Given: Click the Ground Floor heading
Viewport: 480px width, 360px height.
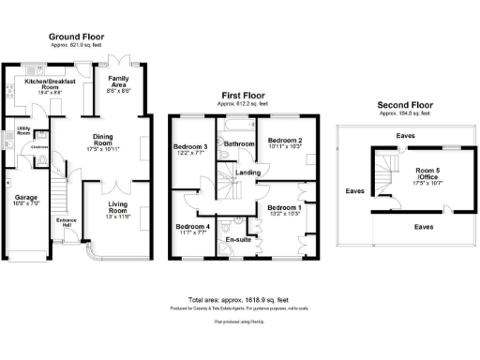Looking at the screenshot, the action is (x=76, y=37).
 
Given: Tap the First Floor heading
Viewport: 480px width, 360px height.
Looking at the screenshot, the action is (x=244, y=96).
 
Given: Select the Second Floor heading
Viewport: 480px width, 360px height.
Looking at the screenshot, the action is (x=404, y=104).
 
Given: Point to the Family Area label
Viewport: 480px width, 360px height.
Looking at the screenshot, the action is (x=118, y=81).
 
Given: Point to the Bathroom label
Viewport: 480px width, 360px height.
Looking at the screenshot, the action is (x=239, y=143).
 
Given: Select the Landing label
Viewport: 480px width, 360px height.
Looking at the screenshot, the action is (x=249, y=172).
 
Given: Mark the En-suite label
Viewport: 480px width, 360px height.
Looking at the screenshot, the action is (x=239, y=240).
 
